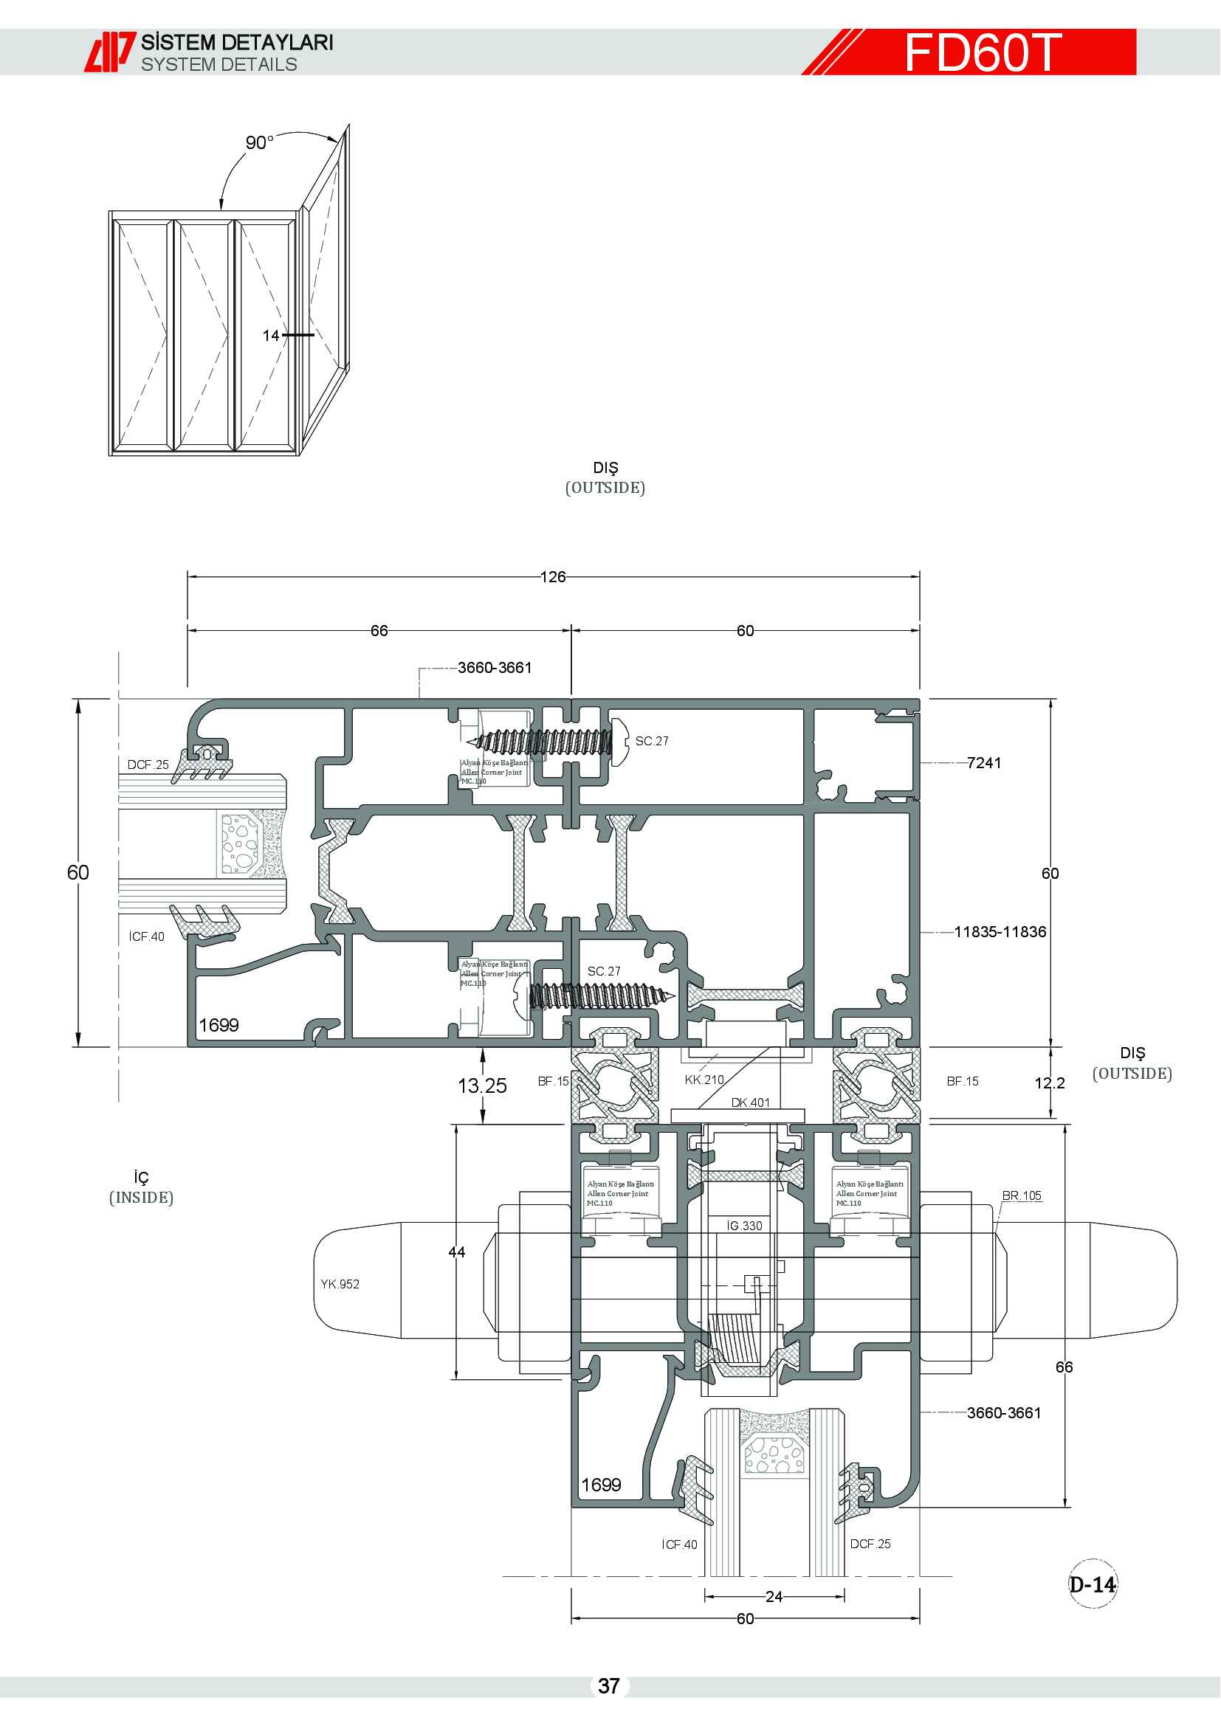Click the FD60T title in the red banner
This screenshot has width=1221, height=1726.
(983, 52)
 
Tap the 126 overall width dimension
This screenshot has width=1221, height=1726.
(553, 576)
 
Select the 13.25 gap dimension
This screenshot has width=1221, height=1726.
(482, 1085)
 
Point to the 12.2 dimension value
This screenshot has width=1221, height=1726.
(1049, 1083)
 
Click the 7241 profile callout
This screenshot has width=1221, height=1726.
(983, 763)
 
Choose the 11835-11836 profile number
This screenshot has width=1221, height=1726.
(1000, 932)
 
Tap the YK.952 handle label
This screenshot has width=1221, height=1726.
(340, 1284)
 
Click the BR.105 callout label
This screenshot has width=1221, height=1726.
(1021, 1196)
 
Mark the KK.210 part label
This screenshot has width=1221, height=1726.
(704, 1080)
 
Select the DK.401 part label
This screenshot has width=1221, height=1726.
(750, 1102)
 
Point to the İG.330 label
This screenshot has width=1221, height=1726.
(744, 1226)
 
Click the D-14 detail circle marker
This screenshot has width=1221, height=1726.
(1092, 1585)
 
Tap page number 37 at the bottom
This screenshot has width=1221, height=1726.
(609, 1686)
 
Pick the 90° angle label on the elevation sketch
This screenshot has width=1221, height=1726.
(259, 143)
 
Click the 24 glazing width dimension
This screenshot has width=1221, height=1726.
(774, 1597)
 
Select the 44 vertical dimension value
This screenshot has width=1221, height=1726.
(456, 1252)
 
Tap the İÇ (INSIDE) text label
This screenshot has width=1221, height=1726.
(141, 1188)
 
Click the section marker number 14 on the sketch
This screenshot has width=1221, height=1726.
(271, 335)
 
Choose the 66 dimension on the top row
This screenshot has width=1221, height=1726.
(379, 631)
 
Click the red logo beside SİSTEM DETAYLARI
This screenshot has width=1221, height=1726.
(110, 52)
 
